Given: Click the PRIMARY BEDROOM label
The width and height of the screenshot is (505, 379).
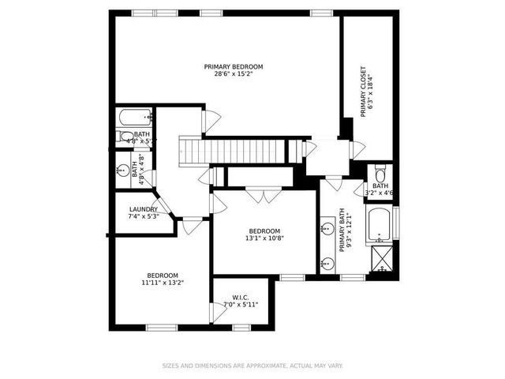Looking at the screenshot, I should [x=234, y=67].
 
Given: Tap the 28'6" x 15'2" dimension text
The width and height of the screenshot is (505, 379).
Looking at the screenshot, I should [x=234, y=75].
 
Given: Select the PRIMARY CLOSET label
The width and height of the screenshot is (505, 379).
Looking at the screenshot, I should [x=364, y=92].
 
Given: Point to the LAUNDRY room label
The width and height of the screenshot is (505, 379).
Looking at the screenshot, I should [x=144, y=209].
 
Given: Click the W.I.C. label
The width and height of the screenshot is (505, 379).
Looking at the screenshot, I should [x=240, y=297].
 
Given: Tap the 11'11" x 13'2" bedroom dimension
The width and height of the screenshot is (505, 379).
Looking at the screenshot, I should [x=163, y=282].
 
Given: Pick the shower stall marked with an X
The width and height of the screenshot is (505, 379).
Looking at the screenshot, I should [x=381, y=258].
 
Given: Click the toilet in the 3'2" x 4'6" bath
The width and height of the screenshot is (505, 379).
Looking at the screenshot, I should [x=380, y=174].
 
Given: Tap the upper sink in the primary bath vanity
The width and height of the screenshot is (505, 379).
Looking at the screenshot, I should [x=327, y=229].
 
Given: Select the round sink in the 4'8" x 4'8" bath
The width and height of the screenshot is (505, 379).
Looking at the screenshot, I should [x=122, y=169].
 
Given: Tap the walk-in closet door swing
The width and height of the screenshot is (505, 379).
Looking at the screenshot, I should [x=218, y=313].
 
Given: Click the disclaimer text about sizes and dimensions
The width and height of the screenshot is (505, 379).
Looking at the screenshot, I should [x=252, y=366].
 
